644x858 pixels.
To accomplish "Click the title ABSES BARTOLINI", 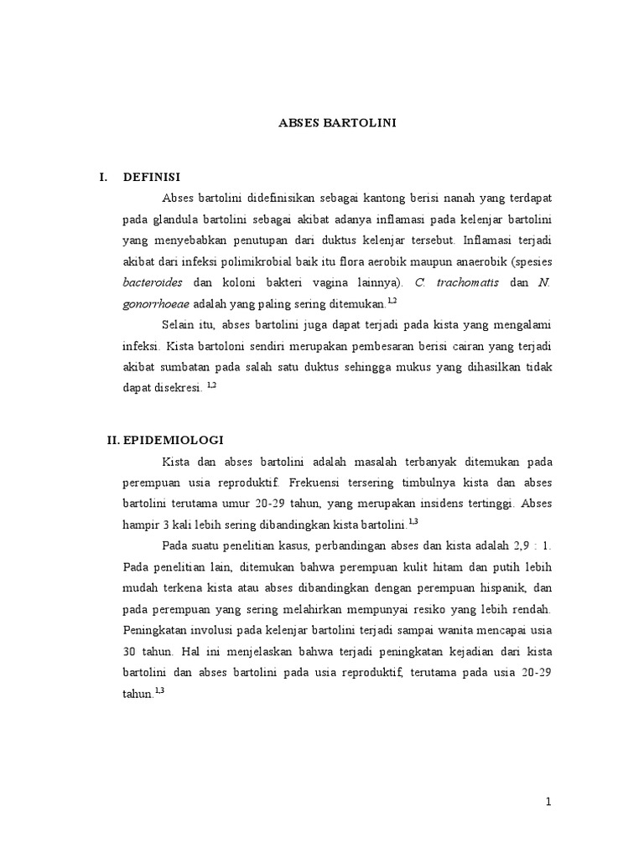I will [337, 123].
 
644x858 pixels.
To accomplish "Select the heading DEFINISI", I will [152, 176].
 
